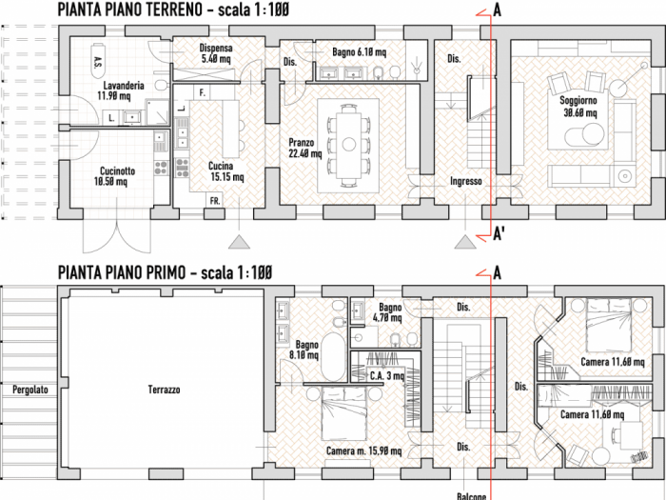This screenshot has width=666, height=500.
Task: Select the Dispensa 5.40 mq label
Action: tap(216, 53)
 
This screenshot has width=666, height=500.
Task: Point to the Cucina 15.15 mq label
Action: tap(226, 170)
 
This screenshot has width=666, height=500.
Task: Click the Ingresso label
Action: tap(466, 181)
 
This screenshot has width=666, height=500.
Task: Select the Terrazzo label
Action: tap(164, 390)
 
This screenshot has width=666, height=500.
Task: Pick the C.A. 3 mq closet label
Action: tap(386, 376)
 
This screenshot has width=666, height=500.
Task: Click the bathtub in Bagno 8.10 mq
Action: tap(334, 355)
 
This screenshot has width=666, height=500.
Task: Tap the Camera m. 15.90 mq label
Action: tap(363, 451)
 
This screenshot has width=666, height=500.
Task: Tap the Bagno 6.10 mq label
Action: tap(360, 52)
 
